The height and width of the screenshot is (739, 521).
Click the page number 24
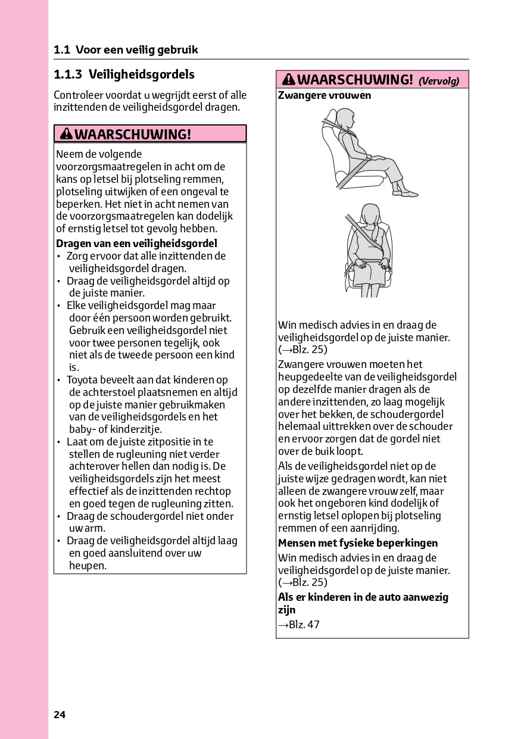pyautogui.click(x=59, y=715)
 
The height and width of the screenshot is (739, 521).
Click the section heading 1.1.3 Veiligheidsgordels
pyautogui.click(x=124, y=74)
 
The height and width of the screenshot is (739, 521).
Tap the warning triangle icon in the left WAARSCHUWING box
pyautogui.click(x=66, y=134)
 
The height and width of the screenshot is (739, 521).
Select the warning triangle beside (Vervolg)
pyautogui.click(x=289, y=80)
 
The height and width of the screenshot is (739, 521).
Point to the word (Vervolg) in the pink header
pyautogui.click(x=439, y=81)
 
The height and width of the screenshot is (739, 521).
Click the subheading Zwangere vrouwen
pyautogui.click(x=325, y=95)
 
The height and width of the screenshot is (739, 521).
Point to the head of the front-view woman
pyautogui.click(x=370, y=214)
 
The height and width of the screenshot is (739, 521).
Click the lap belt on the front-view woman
pyautogui.click(x=369, y=263)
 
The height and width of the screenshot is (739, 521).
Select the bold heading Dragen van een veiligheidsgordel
pyautogui.click(x=136, y=243)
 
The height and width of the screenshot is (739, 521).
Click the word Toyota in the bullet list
pyautogui.click(x=81, y=380)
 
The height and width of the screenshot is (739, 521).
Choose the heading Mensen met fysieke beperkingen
pyautogui.click(x=358, y=543)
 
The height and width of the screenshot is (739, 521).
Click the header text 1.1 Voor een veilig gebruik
pyautogui.click(x=126, y=50)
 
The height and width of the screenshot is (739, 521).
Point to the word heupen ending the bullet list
pyautogui.click(x=88, y=566)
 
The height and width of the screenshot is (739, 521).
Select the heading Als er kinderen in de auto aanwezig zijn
pyautogui.click(x=363, y=603)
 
